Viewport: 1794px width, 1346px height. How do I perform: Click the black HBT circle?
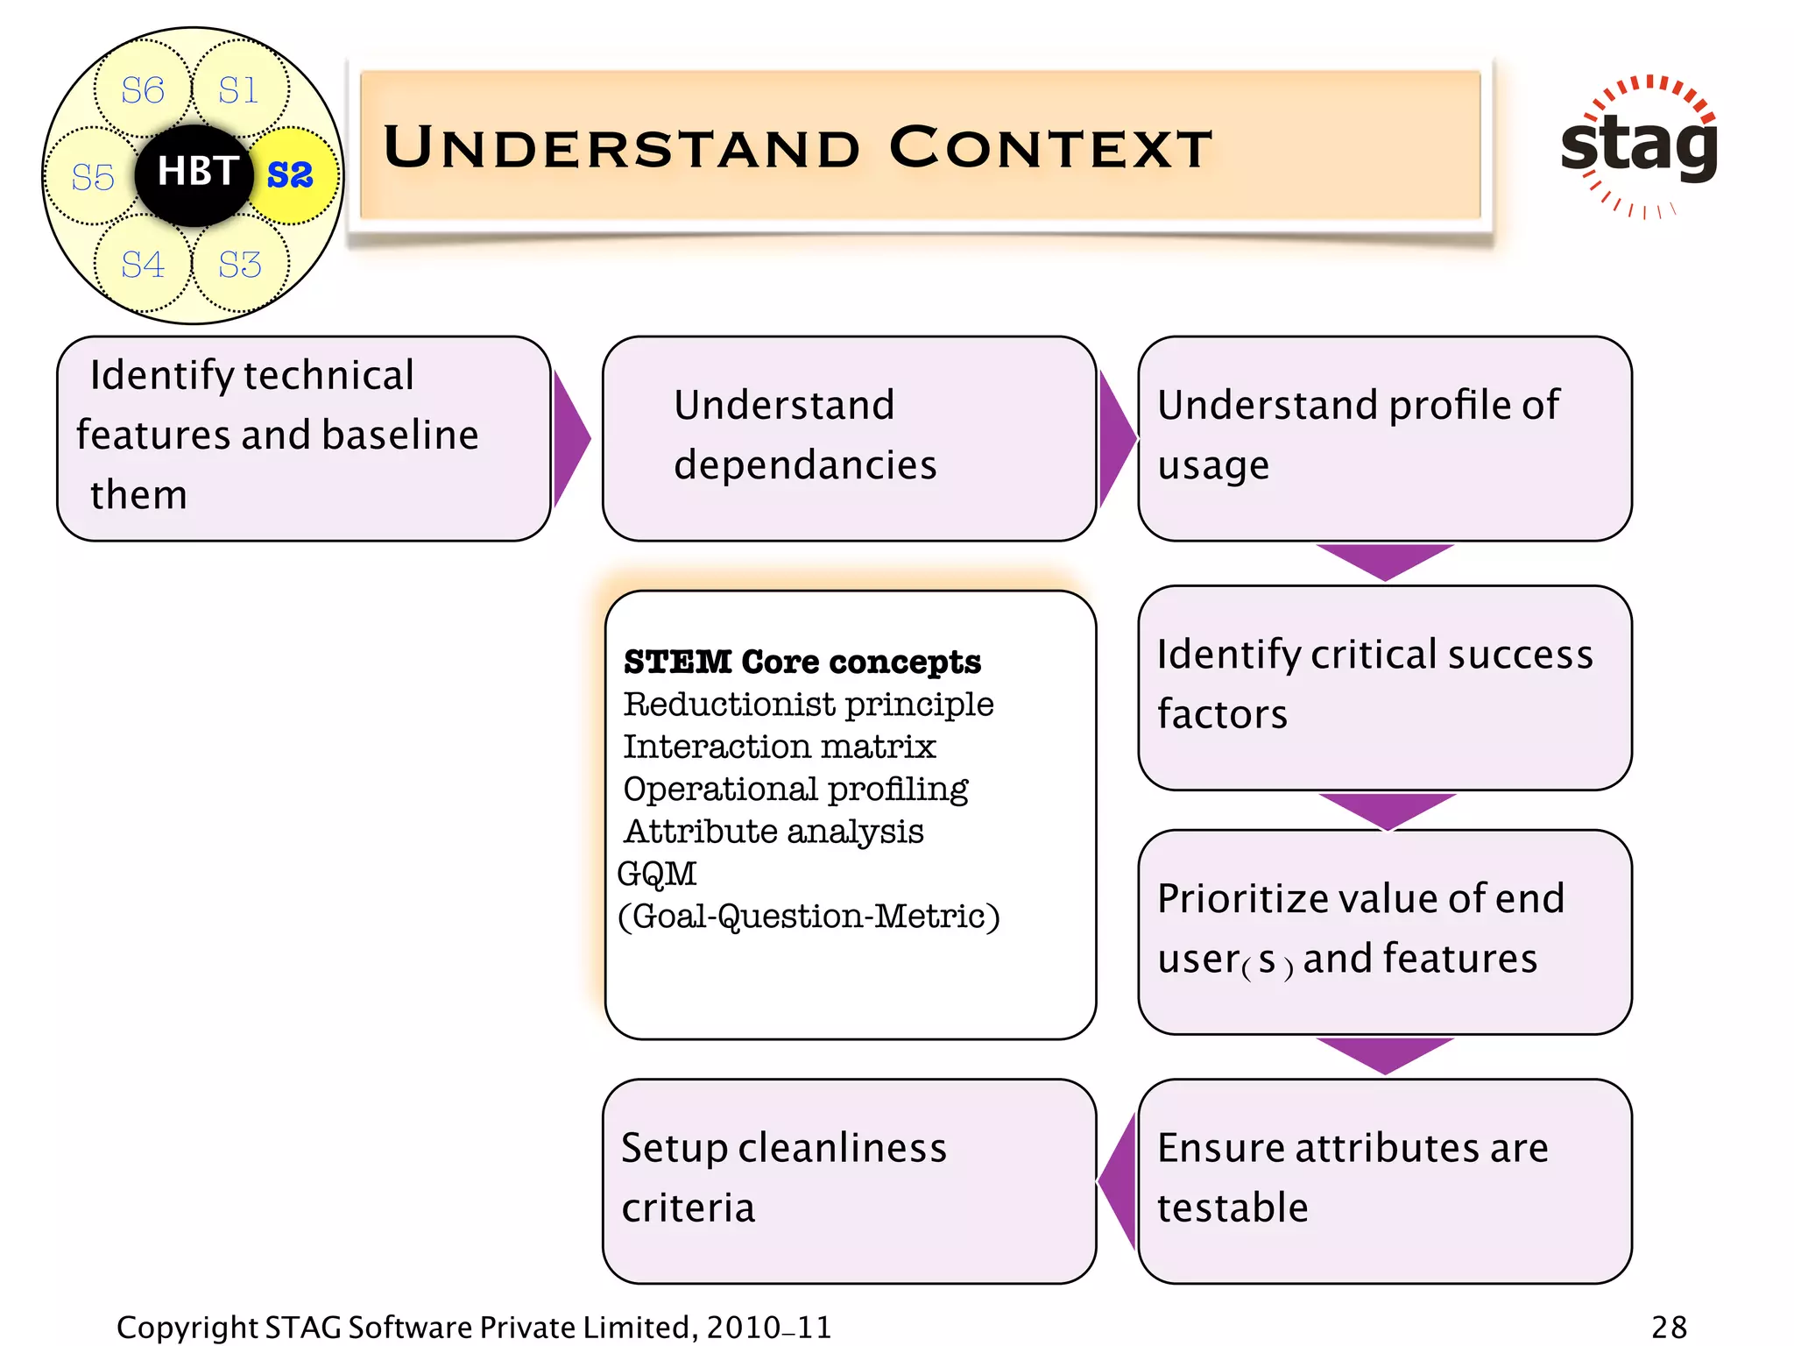pyautogui.click(x=194, y=173)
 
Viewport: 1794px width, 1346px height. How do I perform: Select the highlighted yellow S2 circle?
pyautogui.click(x=292, y=174)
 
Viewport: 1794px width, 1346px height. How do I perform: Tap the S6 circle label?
pyautogui.click(x=142, y=90)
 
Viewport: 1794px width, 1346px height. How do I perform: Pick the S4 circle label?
pyautogui.click(x=142, y=265)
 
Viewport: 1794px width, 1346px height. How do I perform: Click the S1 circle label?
pyautogui.click(x=238, y=90)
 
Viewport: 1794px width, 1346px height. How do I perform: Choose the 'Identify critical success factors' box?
pyautogui.click(x=1384, y=686)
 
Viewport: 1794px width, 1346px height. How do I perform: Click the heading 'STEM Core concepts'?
pyautogui.click(x=802, y=662)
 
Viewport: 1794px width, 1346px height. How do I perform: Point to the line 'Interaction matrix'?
pyautogui.click(x=779, y=747)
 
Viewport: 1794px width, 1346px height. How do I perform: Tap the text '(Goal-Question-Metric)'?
pyautogui.click(x=808, y=917)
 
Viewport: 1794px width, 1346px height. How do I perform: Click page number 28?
pyautogui.click(x=1668, y=1326)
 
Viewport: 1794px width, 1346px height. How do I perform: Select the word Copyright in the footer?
pyautogui.click(x=187, y=1327)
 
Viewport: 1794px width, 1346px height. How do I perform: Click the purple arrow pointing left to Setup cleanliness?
pyautogui.click(x=1119, y=1181)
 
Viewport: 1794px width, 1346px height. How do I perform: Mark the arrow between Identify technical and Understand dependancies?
pyautogui.click(x=570, y=438)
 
